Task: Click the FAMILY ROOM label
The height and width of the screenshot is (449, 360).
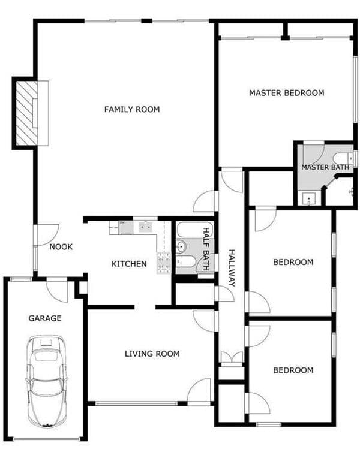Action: (x=132, y=109)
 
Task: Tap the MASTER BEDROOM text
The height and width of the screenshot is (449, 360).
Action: (x=287, y=93)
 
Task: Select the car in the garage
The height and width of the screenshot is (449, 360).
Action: (x=46, y=381)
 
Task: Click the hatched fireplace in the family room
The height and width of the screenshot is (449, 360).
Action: (x=26, y=113)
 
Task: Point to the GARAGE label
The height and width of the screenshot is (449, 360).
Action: (x=45, y=318)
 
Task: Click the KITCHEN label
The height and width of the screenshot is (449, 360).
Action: (x=129, y=264)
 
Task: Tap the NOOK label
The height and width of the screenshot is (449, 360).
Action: (x=61, y=247)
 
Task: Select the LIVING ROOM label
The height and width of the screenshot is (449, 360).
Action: (x=152, y=354)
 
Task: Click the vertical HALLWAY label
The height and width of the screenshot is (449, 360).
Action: (x=232, y=268)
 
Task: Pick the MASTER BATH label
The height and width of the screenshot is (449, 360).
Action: (x=325, y=167)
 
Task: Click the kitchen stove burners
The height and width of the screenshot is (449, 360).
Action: (x=164, y=263)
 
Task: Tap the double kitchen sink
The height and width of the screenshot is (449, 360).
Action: (x=146, y=227)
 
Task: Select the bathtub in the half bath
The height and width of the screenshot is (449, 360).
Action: (x=194, y=230)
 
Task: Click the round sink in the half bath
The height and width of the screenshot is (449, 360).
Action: (x=181, y=246)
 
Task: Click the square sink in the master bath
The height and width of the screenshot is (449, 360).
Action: (x=308, y=199)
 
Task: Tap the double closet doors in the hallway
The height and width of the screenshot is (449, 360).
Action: (x=232, y=358)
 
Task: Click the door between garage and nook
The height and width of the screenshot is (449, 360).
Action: (x=57, y=290)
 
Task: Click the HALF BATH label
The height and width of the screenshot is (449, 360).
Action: (x=206, y=249)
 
